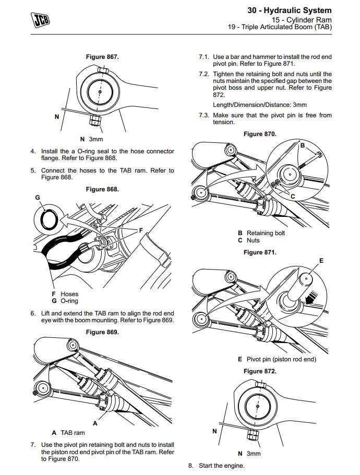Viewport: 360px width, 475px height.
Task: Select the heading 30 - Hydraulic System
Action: tap(289, 10)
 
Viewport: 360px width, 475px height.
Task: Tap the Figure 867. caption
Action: tap(102, 56)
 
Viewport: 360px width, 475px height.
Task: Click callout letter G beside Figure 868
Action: tap(38, 198)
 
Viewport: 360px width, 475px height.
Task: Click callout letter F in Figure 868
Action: tap(140, 229)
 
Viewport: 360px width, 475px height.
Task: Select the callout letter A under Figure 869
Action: tap(95, 423)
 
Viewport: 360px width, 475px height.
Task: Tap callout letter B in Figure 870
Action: tap(302, 145)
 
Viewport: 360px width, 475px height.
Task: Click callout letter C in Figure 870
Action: tap(293, 196)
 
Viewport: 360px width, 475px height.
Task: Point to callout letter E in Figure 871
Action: tap(321, 260)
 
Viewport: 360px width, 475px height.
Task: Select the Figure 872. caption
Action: tap(260, 371)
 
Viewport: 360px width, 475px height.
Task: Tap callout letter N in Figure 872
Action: tap(214, 431)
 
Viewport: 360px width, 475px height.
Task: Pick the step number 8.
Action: tap(191, 466)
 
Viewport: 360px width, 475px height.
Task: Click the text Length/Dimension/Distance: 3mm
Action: tap(260, 105)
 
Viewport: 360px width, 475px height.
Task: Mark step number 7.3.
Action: tap(203, 115)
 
